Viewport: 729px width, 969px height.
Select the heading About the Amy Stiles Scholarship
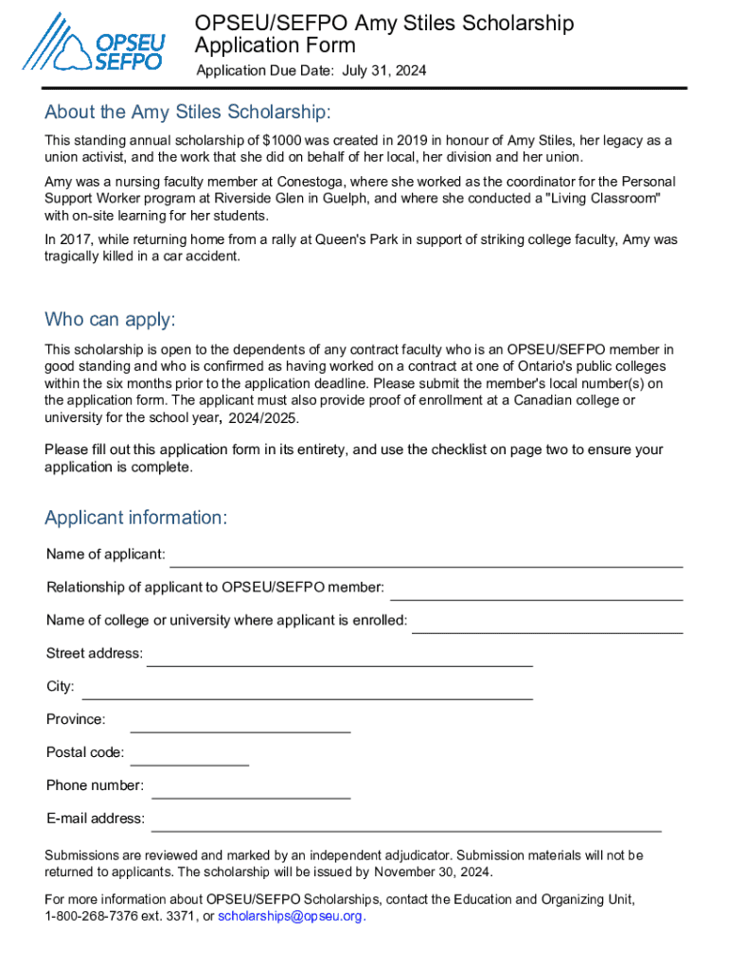coord(187,113)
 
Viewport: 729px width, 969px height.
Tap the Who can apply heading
coord(110,319)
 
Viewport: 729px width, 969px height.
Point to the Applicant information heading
coord(135,518)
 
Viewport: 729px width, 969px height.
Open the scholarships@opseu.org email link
coord(290,917)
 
